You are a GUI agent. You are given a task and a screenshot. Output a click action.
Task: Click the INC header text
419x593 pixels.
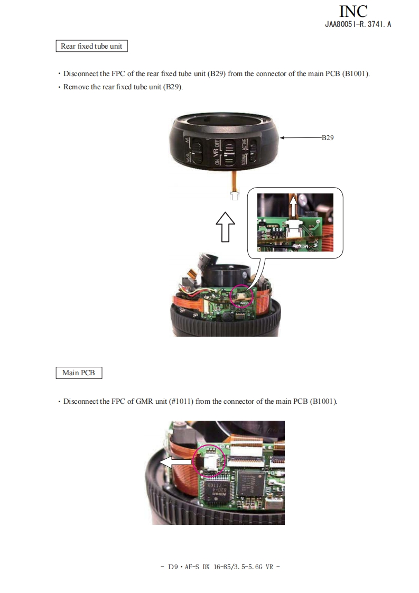(353, 11)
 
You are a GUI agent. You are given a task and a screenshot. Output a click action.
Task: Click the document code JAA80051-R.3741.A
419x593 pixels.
(358, 24)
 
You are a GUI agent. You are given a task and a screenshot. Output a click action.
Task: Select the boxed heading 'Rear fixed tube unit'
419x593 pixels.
(91, 46)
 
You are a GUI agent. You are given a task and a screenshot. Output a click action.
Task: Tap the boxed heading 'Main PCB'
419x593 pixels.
(79, 373)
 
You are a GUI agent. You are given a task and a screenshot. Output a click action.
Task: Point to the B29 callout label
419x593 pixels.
(328, 137)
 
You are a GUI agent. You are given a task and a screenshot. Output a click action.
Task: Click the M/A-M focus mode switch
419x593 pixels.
(196, 151)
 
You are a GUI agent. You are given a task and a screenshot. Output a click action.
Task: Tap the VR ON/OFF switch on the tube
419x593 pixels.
(228, 152)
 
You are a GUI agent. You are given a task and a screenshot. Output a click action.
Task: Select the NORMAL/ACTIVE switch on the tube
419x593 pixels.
(253, 152)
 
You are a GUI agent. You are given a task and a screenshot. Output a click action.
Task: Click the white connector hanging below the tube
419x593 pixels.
(235, 196)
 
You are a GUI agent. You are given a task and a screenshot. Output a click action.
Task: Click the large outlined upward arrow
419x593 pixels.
(226, 227)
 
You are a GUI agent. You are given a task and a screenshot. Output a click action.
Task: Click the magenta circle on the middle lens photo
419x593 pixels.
(241, 295)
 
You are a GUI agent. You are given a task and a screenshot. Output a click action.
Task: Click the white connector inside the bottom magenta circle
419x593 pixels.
(210, 463)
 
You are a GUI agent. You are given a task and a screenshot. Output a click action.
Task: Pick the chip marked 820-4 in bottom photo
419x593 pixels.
(215, 490)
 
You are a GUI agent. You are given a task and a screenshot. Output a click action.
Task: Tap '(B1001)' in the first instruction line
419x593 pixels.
(356, 74)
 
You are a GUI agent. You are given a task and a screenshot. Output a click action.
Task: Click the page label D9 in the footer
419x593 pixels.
(173, 567)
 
